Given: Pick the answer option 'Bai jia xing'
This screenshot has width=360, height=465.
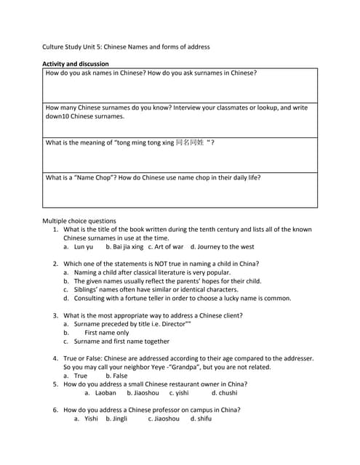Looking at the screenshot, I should (x=124, y=247).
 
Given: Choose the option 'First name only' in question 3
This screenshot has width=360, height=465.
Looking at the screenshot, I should (x=106, y=333).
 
